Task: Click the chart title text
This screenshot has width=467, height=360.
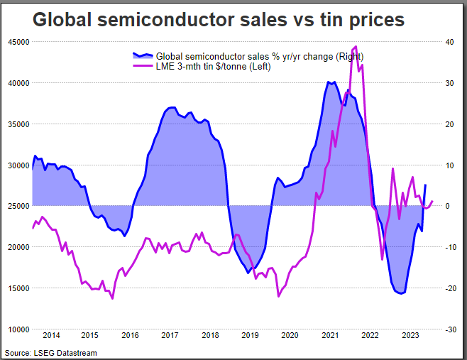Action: pos(219,20)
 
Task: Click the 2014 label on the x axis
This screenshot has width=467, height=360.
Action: pos(50,336)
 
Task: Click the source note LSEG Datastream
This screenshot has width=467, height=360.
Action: pos(50,353)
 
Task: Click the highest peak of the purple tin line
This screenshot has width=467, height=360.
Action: pos(356,47)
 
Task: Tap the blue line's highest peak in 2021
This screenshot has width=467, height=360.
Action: pos(329,82)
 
